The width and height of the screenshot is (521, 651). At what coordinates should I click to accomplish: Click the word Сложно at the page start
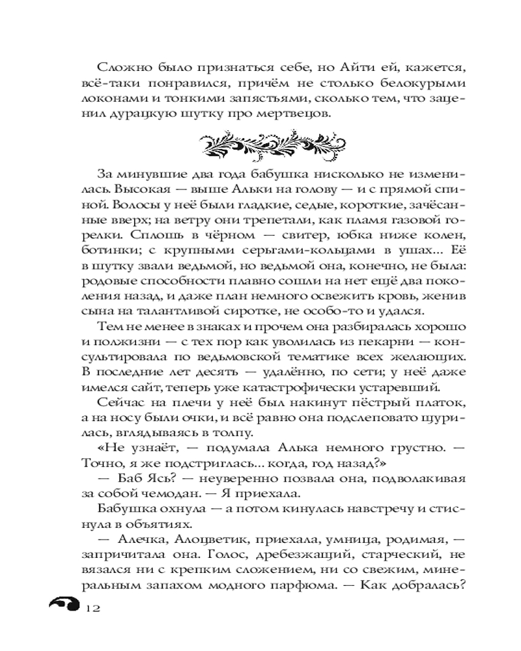tap(120, 68)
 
